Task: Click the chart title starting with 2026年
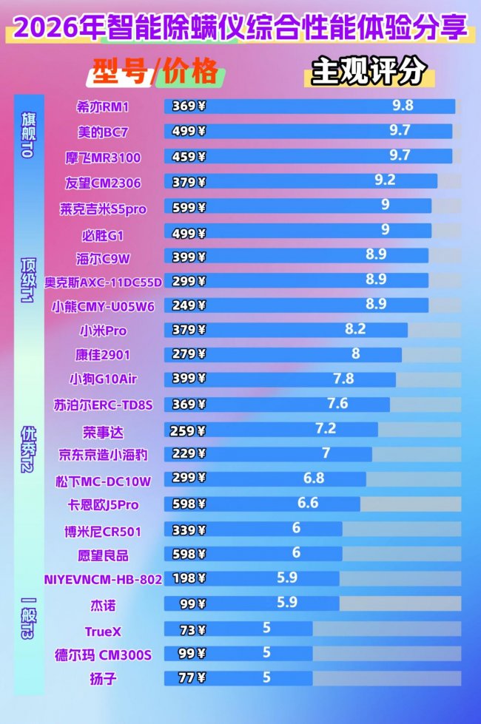(240, 28)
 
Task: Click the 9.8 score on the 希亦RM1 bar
(403, 105)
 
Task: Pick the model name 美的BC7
(103, 131)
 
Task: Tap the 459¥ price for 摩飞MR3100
(189, 157)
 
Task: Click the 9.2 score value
(385, 180)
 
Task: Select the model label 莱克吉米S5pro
(103, 209)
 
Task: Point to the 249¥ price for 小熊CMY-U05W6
(189, 304)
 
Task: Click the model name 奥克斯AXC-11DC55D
(103, 281)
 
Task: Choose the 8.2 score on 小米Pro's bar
(355, 329)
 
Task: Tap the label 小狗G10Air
(103, 379)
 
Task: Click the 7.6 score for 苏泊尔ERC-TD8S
(337, 403)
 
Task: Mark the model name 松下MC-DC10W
(103, 481)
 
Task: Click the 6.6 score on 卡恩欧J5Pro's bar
(308, 503)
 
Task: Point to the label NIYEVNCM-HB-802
(103, 580)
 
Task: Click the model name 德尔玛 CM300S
(103, 654)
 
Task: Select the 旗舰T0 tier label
(27, 133)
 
